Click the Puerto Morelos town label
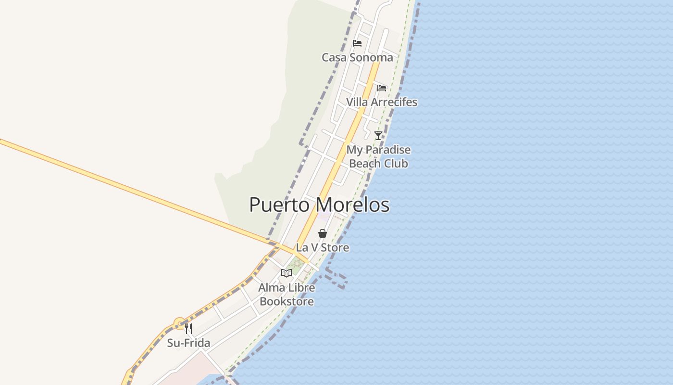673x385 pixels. (x=319, y=205)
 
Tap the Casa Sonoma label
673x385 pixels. (x=357, y=57)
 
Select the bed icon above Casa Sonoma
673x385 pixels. (x=357, y=43)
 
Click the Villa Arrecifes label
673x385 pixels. (x=382, y=102)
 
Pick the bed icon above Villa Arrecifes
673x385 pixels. (x=382, y=88)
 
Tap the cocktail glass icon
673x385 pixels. (x=378, y=135)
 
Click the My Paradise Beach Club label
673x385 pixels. (x=378, y=156)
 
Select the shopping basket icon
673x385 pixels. (x=323, y=233)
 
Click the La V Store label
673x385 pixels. (x=323, y=247)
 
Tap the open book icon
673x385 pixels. (x=287, y=273)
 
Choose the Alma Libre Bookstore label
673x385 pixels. (x=287, y=295)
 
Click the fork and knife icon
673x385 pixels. (x=188, y=329)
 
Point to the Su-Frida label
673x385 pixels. (x=188, y=343)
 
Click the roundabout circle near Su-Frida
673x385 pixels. (x=180, y=324)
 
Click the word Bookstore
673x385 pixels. (x=287, y=302)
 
